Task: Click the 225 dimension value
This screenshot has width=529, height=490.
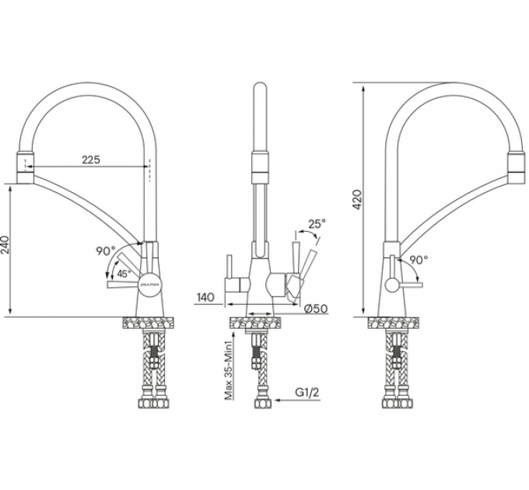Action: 91,159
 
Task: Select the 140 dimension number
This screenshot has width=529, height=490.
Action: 205,296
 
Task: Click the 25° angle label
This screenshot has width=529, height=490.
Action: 317,223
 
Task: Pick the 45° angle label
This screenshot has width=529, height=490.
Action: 123,274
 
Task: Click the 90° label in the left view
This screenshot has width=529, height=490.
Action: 105,251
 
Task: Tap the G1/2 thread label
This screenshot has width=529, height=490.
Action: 309,394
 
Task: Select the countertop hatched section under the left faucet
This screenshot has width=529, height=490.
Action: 147,323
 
